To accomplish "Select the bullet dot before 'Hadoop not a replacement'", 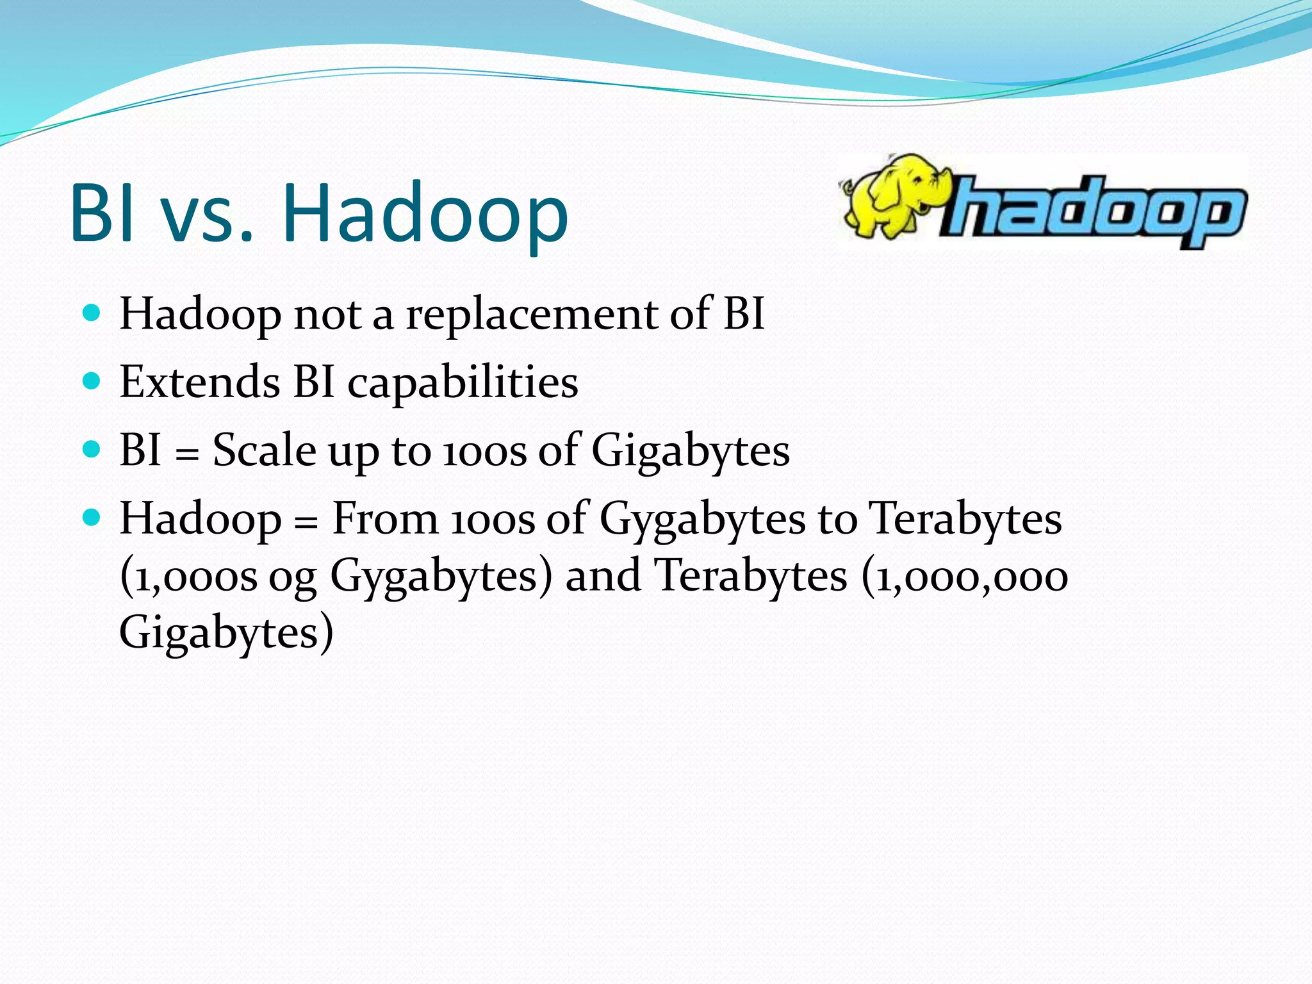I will [x=92, y=313].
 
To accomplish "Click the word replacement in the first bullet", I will [x=532, y=315].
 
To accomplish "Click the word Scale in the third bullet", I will [x=264, y=450].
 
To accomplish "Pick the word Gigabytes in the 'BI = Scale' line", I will [x=690, y=452].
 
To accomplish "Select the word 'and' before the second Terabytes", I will [x=603, y=575].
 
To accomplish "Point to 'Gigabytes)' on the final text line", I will [x=226, y=633].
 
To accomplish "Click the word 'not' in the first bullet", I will [x=327, y=315].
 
